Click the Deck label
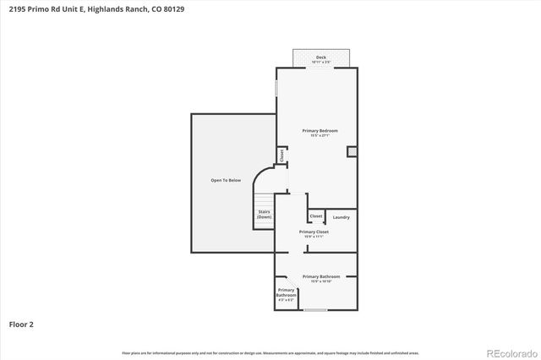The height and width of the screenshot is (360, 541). click(320, 57)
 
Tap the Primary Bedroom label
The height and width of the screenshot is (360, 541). click(321, 130)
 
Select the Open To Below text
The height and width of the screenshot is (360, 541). click(226, 180)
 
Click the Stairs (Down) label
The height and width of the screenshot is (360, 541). click(265, 215)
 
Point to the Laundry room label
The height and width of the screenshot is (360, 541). click(342, 217)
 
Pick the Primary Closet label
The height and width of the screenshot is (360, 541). click(314, 232)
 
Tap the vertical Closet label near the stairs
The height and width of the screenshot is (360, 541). click(281, 155)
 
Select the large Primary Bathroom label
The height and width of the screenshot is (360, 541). click(321, 276)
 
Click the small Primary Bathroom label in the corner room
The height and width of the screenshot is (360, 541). click(287, 292)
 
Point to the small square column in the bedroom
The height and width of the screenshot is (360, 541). click(352, 152)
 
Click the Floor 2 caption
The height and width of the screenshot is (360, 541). click(21, 324)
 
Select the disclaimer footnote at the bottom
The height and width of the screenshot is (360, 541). click(270, 352)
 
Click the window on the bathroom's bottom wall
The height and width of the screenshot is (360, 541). click(315, 310)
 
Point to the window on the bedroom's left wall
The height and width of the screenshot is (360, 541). click(276, 89)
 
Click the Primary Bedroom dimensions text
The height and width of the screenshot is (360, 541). click(321, 136)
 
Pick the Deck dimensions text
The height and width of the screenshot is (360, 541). click(320, 62)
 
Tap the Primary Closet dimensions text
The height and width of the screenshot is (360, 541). click(314, 237)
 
